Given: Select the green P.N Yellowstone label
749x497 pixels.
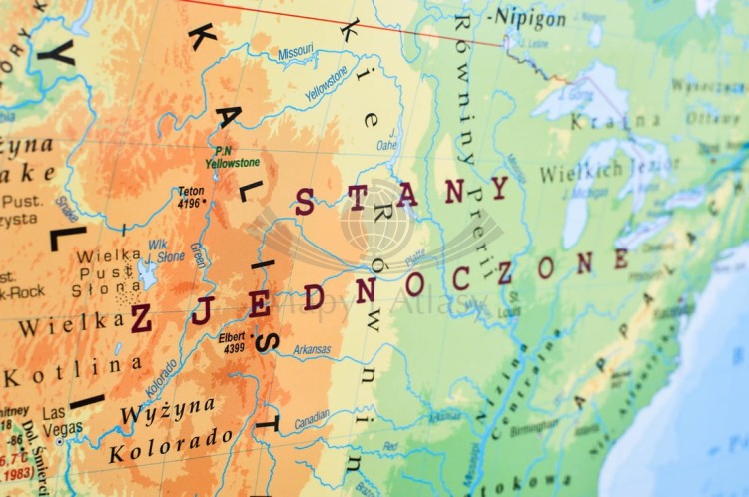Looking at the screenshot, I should pos(232,157).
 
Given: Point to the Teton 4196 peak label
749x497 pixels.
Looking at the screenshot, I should pos(191,196).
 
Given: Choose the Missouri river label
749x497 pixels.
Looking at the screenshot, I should pos(295,51).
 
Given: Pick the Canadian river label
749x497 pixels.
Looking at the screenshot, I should pos(312,420).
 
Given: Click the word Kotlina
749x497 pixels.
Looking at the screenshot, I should pos(72,371).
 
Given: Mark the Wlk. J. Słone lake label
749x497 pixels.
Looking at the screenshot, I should pos(166,250).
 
